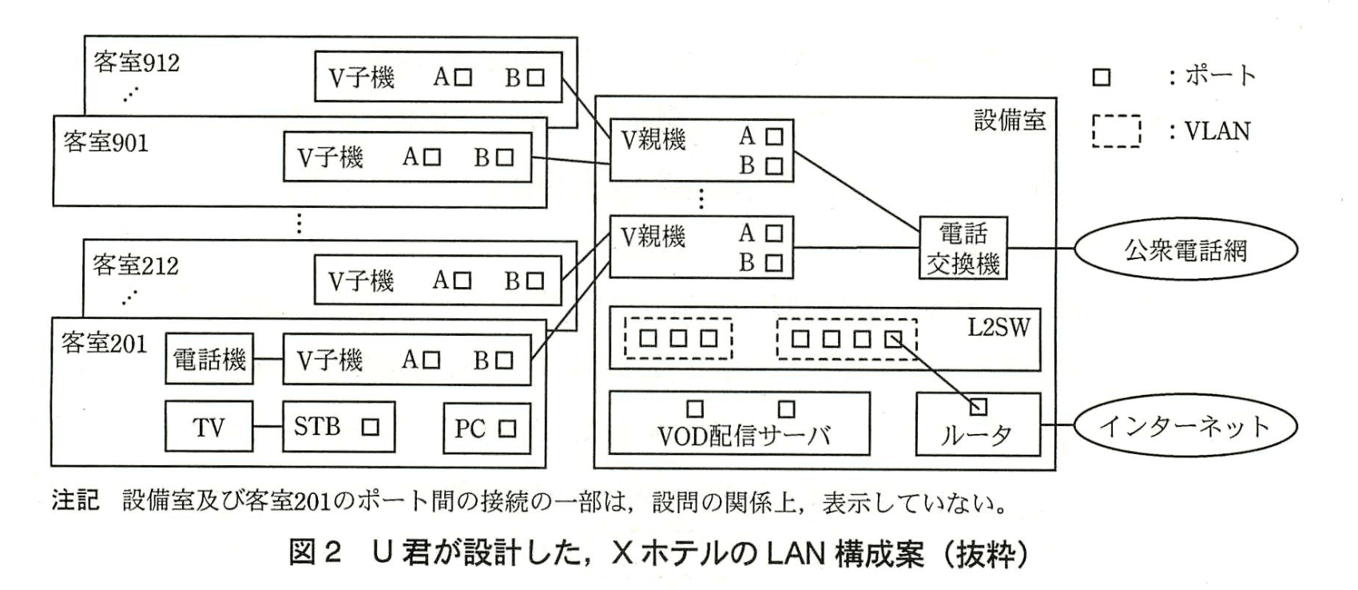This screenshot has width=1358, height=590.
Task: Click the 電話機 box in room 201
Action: [x=209, y=360]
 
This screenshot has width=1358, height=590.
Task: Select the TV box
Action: [x=208, y=427]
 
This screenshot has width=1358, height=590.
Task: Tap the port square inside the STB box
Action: [x=370, y=427]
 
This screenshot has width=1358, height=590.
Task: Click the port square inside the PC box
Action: [x=507, y=429]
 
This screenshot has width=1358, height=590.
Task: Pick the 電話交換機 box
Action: [x=963, y=248]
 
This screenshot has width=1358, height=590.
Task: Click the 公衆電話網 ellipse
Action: [x=1185, y=250]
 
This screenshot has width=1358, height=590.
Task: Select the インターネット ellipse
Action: [x=1185, y=426]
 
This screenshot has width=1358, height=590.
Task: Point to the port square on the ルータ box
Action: [x=977, y=408]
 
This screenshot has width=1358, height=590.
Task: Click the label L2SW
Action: [x=999, y=328]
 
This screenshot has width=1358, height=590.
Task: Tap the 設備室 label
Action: [x=1010, y=120]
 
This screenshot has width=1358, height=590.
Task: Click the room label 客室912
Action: [x=137, y=62]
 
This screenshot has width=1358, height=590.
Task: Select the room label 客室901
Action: [x=105, y=142]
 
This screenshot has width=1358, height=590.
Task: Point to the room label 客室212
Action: [x=136, y=265]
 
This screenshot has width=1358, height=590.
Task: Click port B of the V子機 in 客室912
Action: [x=536, y=78]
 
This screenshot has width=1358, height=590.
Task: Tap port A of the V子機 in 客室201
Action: [x=431, y=361]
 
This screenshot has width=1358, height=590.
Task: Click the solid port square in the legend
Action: [x=1102, y=78]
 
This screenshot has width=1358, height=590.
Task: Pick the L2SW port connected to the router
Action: [x=892, y=338]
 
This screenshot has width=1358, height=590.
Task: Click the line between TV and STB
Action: [x=268, y=427]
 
